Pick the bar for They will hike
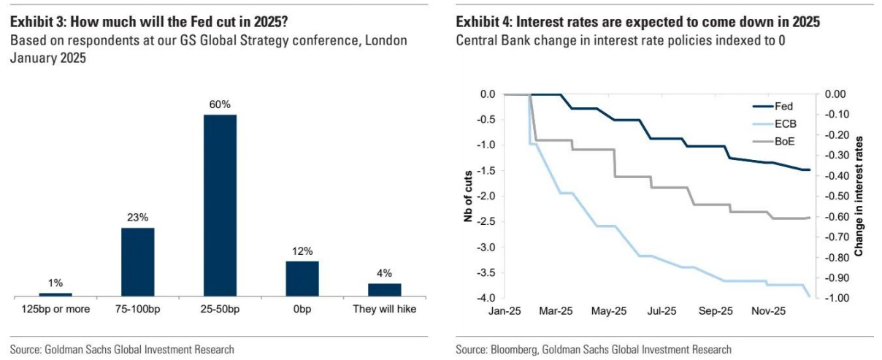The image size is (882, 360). point(385,289)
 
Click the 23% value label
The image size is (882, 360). point(137,218)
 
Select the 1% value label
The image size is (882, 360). point(55,283)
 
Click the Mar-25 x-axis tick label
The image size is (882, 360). point(556,310)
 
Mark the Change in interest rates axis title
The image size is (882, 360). point(859,196)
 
